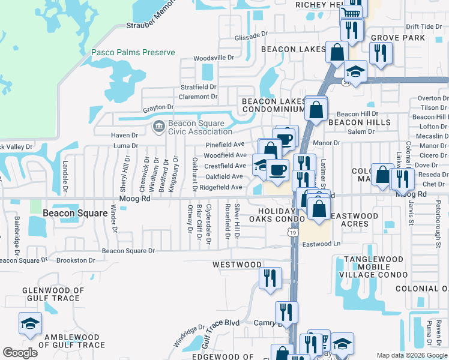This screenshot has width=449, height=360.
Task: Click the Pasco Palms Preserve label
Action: pos(133,52)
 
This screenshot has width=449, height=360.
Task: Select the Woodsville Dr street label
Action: pos(213,58)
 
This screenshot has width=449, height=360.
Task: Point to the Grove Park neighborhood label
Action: pos(398,38)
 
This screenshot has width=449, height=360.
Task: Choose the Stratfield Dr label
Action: pos(198,87)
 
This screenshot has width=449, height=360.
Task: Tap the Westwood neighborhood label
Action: pos(237,264)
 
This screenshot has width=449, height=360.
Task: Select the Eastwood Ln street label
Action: pos(321,244)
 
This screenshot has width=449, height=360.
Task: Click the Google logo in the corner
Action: pos(20,353)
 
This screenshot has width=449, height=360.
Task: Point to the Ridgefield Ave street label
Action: pos(221,187)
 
